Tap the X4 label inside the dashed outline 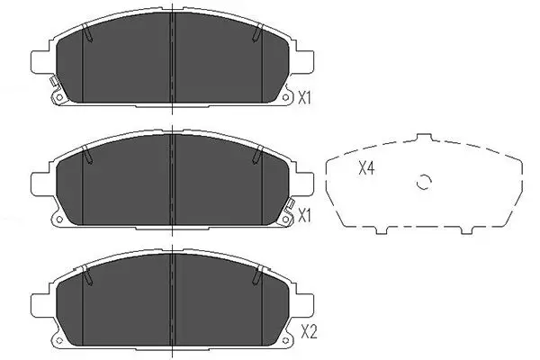366,168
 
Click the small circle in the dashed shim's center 424,184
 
